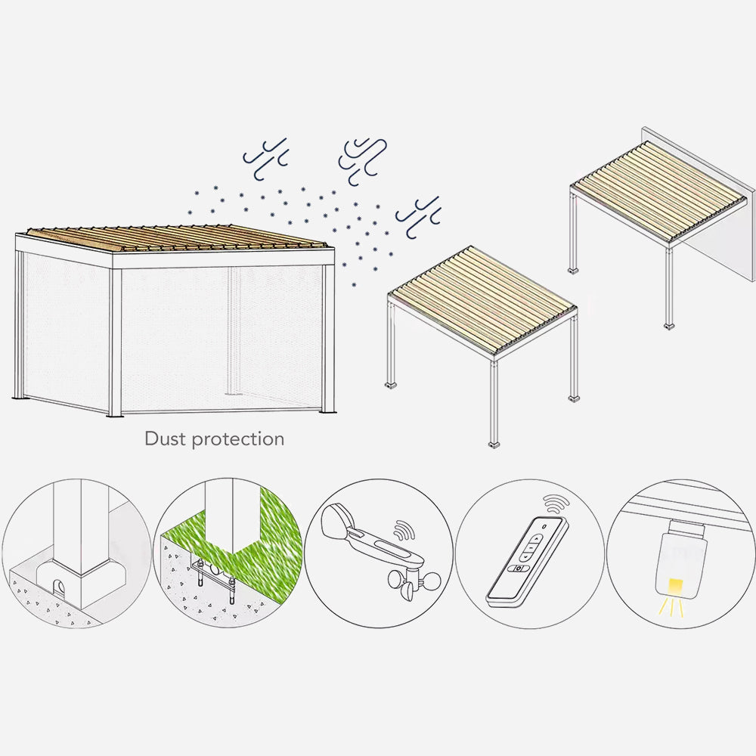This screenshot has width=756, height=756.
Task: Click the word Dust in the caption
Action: pyautogui.click(x=163, y=438)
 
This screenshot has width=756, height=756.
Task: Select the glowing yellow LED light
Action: pyautogui.click(x=674, y=586)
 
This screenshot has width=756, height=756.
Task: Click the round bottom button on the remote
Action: pyautogui.click(x=519, y=568)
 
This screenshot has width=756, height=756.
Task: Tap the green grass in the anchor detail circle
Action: pyautogui.click(x=270, y=540)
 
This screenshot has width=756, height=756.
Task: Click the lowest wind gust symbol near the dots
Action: pyautogui.click(x=419, y=217)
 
